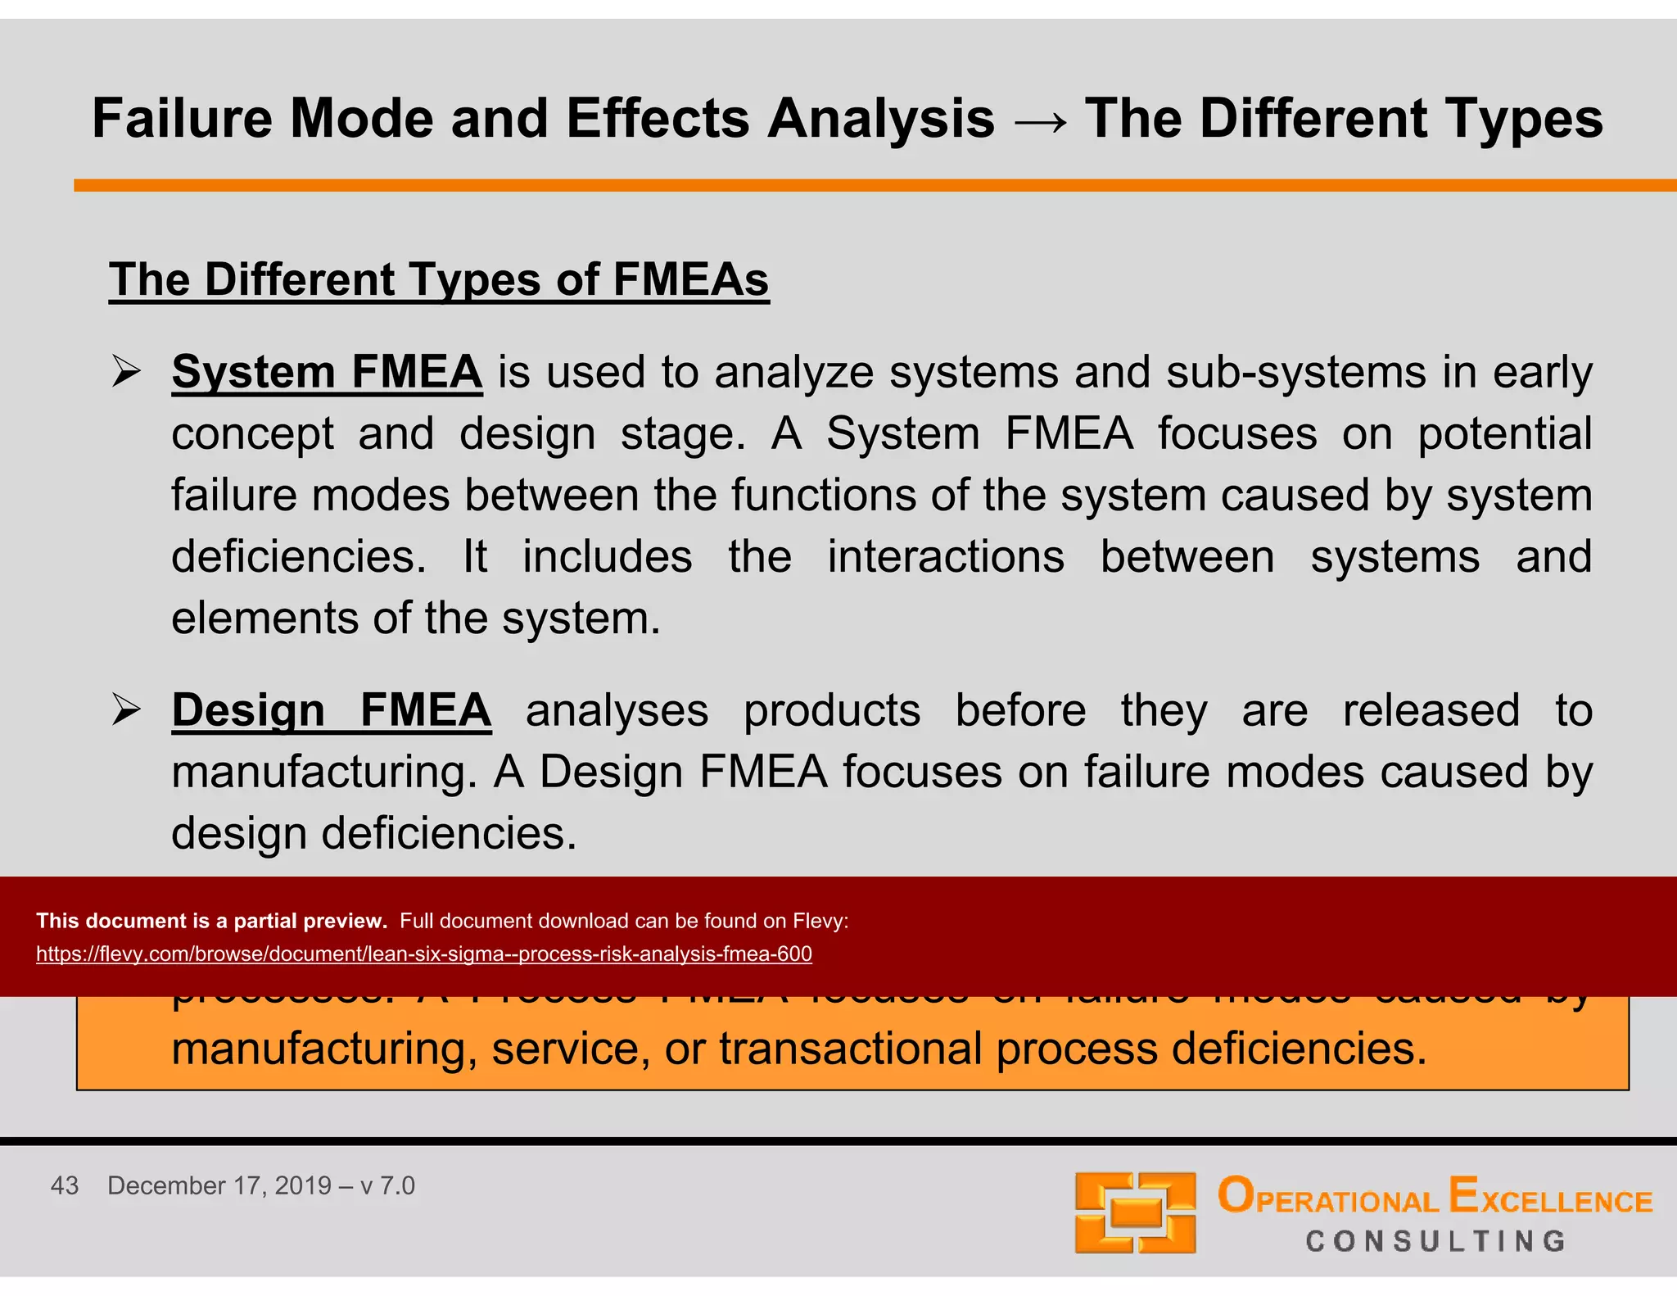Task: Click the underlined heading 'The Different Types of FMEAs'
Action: pyautogui.click(x=439, y=279)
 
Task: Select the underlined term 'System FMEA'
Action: pyautogui.click(x=327, y=372)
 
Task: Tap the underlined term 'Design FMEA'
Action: pyautogui.click(x=331, y=709)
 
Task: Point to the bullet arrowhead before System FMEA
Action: pyautogui.click(x=127, y=372)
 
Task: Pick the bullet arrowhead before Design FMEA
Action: pyautogui.click(x=127, y=709)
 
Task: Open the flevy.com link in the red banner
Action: pyautogui.click(x=423, y=954)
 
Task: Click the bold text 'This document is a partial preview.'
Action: pyautogui.click(x=211, y=921)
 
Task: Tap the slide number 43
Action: pyautogui.click(x=65, y=1185)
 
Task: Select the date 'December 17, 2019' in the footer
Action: pyautogui.click(x=219, y=1185)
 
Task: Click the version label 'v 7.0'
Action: pyautogui.click(x=387, y=1185)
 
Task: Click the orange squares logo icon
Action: pyautogui.click(x=1135, y=1212)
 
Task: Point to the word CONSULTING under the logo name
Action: pyautogui.click(x=1435, y=1241)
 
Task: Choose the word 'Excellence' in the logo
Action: pyautogui.click(x=1550, y=1197)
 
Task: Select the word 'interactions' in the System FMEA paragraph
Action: pyautogui.click(x=946, y=557)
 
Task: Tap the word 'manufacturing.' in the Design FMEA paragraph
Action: pyautogui.click(x=324, y=772)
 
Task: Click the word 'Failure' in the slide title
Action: pyautogui.click(x=182, y=119)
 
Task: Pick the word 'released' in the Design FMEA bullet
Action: pyautogui.click(x=1431, y=709)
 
